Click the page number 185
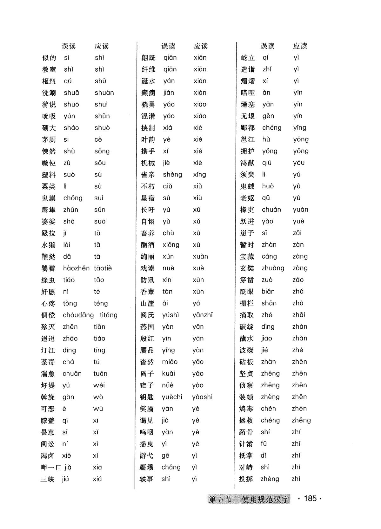click(310, 499)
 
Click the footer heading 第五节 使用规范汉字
click(249, 500)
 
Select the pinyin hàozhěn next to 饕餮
click(76, 268)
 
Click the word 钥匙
click(147, 397)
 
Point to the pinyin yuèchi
click(172, 397)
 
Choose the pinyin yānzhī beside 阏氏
click(203, 315)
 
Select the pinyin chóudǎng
click(78, 315)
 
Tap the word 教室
click(49, 69)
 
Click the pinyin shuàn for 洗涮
click(104, 93)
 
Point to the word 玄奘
click(247, 268)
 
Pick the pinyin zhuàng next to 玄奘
click(273, 268)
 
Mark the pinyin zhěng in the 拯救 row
click(301, 421)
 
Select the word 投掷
click(246, 479)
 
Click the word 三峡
click(48, 479)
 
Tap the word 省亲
click(148, 175)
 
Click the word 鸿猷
click(247, 163)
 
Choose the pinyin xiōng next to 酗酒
click(171, 245)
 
